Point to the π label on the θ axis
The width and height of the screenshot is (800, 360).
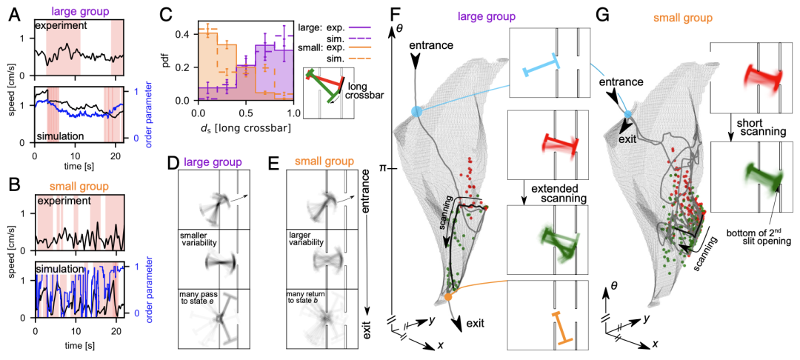click(x=386, y=168)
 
